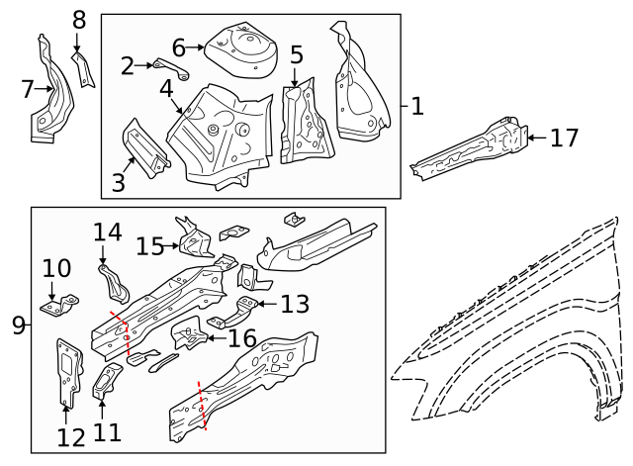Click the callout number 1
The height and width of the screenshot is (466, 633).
(x=417, y=106)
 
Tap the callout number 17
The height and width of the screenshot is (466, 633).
(x=563, y=138)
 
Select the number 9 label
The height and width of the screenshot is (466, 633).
(x=18, y=325)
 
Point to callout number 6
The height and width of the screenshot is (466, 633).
(x=179, y=47)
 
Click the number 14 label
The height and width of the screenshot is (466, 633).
(x=107, y=233)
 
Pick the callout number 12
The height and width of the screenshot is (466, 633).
(x=71, y=437)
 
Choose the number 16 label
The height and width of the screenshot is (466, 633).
(x=243, y=338)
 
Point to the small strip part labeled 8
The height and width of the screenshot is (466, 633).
(x=83, y=66)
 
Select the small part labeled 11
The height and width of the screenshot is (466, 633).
(x=106, y=381)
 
